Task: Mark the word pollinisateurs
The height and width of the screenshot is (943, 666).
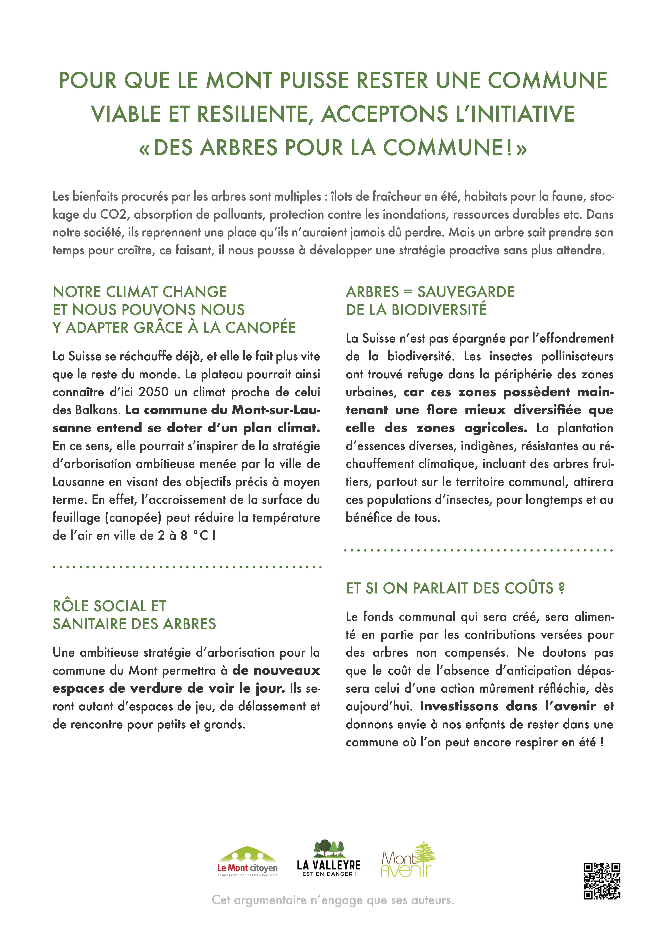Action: [x=577, y=356]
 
